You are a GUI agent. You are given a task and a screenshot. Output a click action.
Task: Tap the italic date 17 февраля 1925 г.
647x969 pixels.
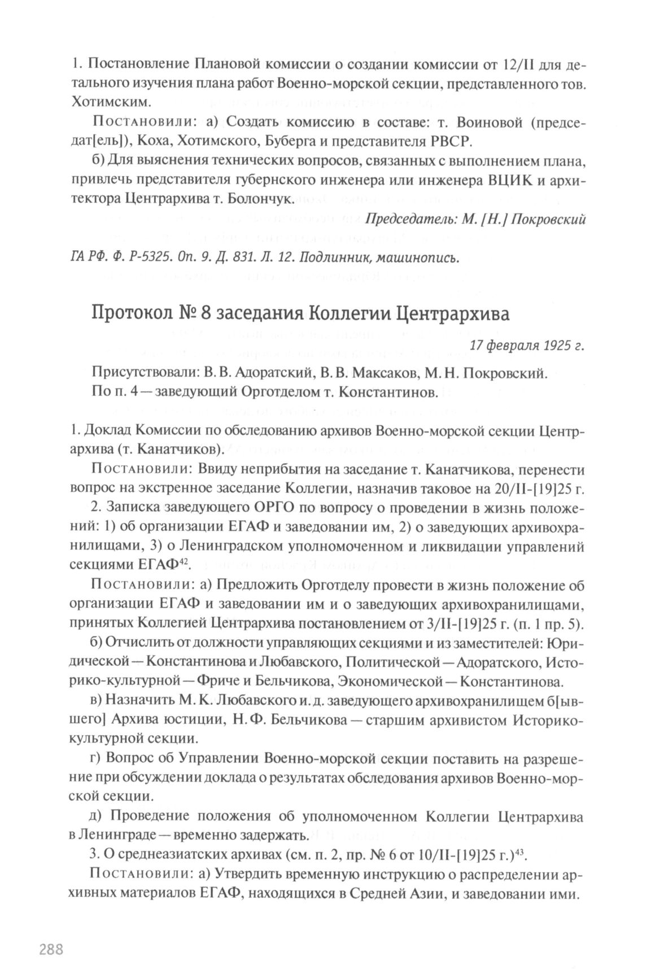pyautogui.click(x=526, y=346)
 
